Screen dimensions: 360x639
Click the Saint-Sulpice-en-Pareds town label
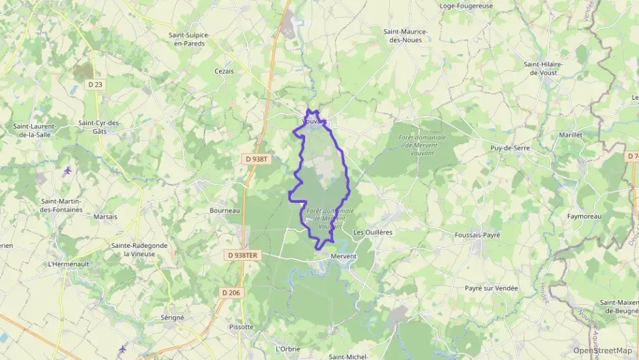190,39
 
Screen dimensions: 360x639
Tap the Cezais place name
224,71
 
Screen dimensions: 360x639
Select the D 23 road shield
96,85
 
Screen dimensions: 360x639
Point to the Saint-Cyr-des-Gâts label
100,127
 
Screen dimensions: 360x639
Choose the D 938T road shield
257,158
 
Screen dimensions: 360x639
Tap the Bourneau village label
225,210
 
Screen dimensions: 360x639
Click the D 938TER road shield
242,255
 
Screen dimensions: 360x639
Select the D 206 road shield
231,292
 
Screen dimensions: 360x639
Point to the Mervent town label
343,256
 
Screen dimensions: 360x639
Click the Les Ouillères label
373,232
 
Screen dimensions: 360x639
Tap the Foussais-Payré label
477,235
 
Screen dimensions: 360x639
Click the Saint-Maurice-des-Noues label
406,36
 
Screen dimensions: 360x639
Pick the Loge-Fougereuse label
466,6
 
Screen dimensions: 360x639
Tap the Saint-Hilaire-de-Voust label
543,68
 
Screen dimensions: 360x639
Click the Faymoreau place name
584,216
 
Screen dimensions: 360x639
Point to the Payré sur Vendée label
492,288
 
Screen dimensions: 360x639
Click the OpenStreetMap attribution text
602,350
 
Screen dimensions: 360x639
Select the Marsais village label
105,217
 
